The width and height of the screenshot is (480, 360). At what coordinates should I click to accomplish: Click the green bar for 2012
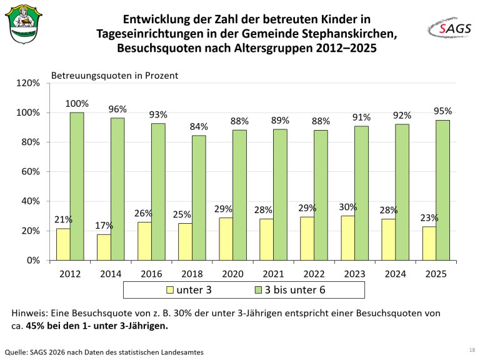(x=77, y=186)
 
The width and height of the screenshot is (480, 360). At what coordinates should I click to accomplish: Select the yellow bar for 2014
(x=104, y=247)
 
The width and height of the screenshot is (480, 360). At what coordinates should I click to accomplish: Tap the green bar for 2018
(x=199, y=197)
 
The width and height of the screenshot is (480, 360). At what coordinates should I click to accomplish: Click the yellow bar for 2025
(x=429, y=243)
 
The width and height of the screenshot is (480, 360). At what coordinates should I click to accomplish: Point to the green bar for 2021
(x=280, y=194)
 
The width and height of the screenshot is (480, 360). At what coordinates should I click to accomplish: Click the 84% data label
(x=199, y=127)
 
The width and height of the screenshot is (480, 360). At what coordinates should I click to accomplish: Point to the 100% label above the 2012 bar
(x=77, y=104)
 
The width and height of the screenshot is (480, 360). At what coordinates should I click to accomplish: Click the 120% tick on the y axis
(x=27, y=83)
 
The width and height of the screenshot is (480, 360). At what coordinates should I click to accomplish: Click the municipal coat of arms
(x=23, y=25)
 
